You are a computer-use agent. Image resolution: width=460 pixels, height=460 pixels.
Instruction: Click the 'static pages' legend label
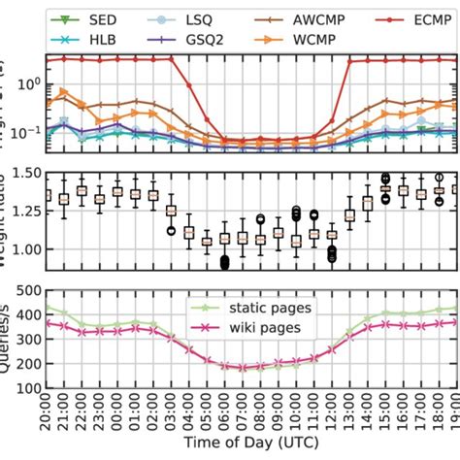click(x=268, y=309)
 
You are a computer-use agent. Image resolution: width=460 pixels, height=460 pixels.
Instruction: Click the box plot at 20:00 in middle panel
click(x=47, y=197)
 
